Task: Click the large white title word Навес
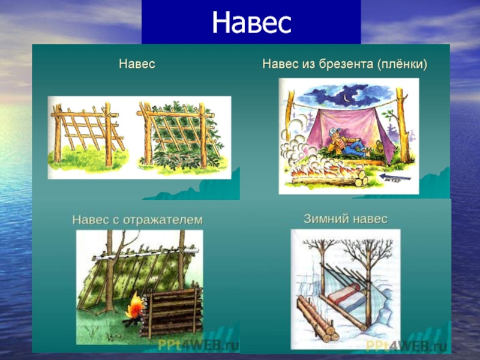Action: tap(251, 23)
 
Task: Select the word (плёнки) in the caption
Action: tap(402, 64)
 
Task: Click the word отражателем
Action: tap(163, 220)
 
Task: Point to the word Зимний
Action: tap(326, 219)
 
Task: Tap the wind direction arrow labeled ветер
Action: tap(395, 177)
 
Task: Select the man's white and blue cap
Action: tap(334, 132)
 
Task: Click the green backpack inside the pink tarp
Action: tap(380, 147)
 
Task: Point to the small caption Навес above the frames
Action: tap(137, 64)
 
